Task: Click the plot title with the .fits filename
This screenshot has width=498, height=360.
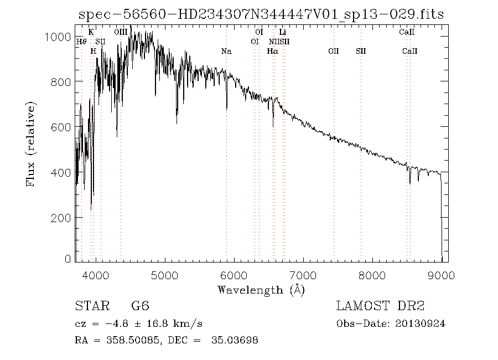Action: (261, 14)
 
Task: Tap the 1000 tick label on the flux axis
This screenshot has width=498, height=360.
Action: (57, 37)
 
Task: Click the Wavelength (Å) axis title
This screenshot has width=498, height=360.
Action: (261, 290)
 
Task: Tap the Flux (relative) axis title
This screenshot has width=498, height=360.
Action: (30, 143)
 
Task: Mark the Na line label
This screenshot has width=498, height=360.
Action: (226, 52)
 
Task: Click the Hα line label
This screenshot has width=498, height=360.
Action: (272, 52)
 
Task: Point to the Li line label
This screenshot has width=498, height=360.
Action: (282, 33)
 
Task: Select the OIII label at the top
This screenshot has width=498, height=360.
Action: (121, 33)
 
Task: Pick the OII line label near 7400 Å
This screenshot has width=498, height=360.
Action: (333, 52)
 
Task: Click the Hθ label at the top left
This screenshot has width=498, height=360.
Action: (81, 42)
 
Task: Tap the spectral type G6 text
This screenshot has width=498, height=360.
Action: (139, 306)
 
